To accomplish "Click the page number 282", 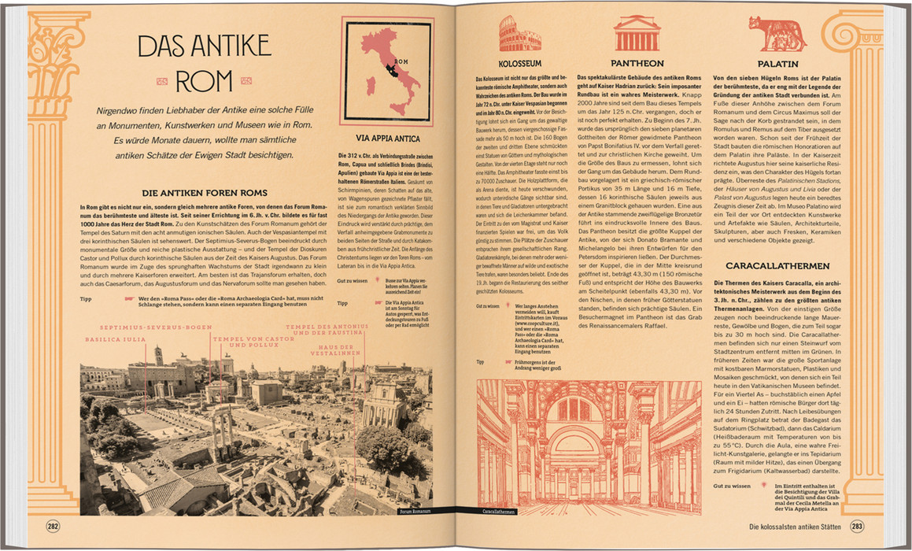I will click(53, 527).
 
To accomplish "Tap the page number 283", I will click(857, 527).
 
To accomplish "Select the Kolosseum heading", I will click(519, 63).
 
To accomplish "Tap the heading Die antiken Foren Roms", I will click(204, 193).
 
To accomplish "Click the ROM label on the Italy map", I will click(401, 61).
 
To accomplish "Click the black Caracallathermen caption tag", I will click(499, 511).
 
